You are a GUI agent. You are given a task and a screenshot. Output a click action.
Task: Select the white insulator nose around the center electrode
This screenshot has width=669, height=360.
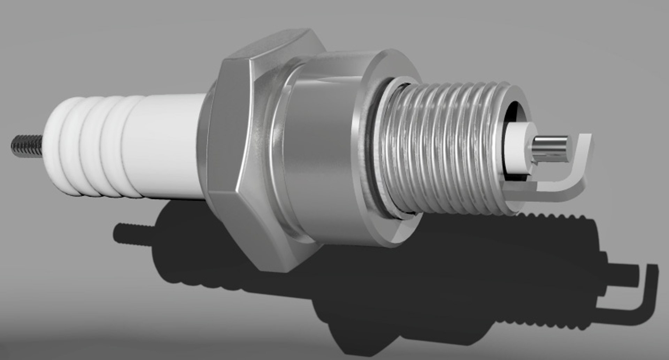[x=519, y=146]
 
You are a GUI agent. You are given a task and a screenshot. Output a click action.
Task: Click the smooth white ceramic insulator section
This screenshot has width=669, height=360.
[x=167, y=146]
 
